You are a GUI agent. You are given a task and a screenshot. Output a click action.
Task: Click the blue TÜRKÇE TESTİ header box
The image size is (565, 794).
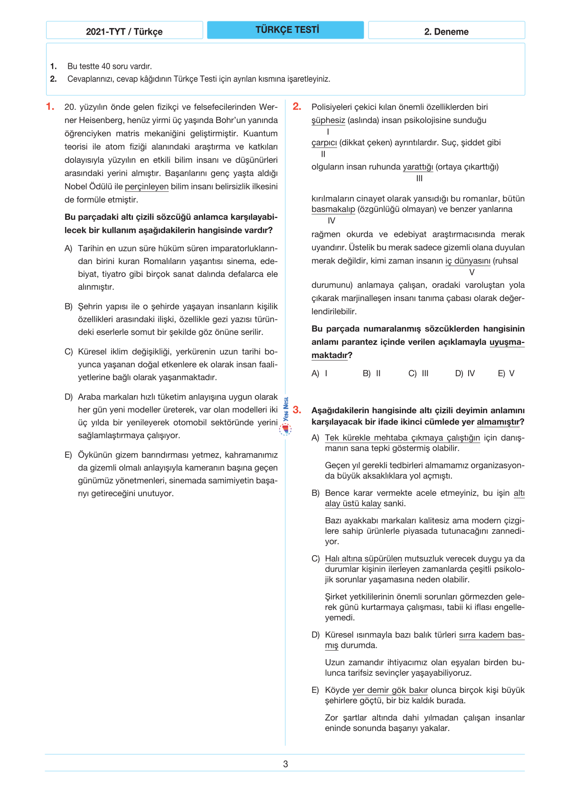(x=285, y=30)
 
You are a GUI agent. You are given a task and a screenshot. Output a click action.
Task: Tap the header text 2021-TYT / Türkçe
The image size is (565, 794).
(x=124, y=32)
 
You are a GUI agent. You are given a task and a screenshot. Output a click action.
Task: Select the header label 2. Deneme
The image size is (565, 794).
(x=446, y=32)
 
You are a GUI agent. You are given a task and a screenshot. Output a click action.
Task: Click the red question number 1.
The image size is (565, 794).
(x=50, y=107)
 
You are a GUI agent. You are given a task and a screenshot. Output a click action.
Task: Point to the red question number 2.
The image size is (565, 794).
(x=297, y=107)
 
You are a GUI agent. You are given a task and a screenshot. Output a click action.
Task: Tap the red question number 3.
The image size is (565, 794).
(x=297, y=410)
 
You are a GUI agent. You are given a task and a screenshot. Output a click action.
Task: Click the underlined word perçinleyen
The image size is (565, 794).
(x=146, y=187)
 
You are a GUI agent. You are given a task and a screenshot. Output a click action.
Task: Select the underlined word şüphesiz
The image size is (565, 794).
(x=328, y=121)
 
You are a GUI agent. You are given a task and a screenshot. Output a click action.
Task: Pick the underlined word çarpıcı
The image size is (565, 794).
(x=324, y=143)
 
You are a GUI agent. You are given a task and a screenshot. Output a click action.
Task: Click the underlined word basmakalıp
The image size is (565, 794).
(x=333, y=209)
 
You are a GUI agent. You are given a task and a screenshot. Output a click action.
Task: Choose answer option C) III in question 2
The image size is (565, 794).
(x=418, y=373)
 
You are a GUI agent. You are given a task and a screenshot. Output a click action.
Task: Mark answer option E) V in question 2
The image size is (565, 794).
(x=506, y=373)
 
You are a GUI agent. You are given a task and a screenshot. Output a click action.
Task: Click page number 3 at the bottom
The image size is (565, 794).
(x=285, y=764)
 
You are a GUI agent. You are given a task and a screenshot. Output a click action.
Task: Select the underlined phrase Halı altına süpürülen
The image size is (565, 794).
(x=363, y=559)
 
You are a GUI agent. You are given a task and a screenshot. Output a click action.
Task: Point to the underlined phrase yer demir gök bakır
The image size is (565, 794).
(x=390, y=690)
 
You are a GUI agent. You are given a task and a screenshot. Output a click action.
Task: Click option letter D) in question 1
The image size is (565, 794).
(x=68, y=397)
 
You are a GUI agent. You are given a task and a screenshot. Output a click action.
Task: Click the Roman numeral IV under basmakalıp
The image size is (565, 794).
(x=331, y=221)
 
